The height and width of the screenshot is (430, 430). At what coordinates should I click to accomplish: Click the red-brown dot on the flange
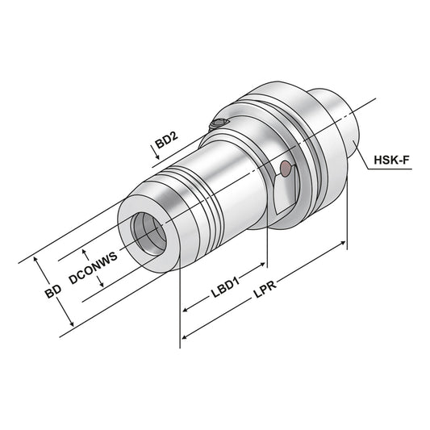click(284, 168)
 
